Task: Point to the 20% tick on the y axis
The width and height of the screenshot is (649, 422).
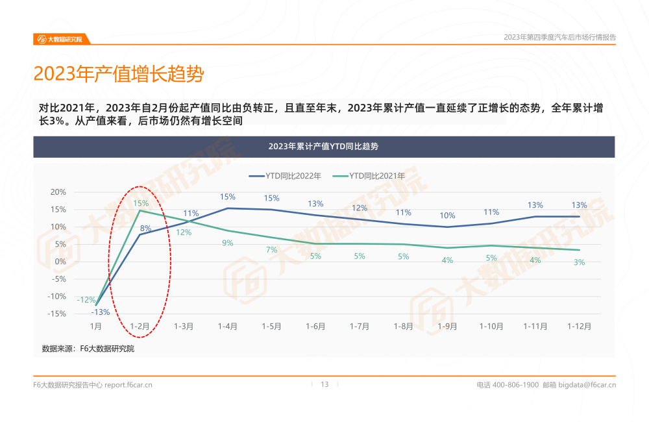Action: point(58,192)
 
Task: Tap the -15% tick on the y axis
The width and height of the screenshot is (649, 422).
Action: point(58,314)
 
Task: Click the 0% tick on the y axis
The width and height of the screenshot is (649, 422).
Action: point(60,262)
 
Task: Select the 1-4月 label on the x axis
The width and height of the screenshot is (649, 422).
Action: point(227,327)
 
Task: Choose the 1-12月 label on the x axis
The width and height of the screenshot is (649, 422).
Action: point(579,327)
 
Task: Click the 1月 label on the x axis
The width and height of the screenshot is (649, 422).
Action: point(95,327)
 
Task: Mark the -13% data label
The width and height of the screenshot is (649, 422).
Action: point(101,312)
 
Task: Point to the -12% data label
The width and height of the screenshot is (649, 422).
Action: point(86,300)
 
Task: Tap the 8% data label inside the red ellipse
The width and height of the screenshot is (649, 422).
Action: point(145,228)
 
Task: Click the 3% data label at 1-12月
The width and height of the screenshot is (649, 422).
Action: point(579,262)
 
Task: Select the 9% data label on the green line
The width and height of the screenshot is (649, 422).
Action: point(227,243)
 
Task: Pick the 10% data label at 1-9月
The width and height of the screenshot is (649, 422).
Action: point(447,216)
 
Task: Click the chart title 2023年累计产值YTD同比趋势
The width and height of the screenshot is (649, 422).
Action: point(323,147)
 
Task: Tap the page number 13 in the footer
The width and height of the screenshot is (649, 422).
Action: point(324,384)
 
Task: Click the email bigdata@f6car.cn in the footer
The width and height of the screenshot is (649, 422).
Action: point(587,385)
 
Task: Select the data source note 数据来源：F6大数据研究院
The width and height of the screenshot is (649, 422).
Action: point(88,349)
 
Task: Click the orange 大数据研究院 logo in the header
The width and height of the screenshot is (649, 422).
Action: point(60,39)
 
